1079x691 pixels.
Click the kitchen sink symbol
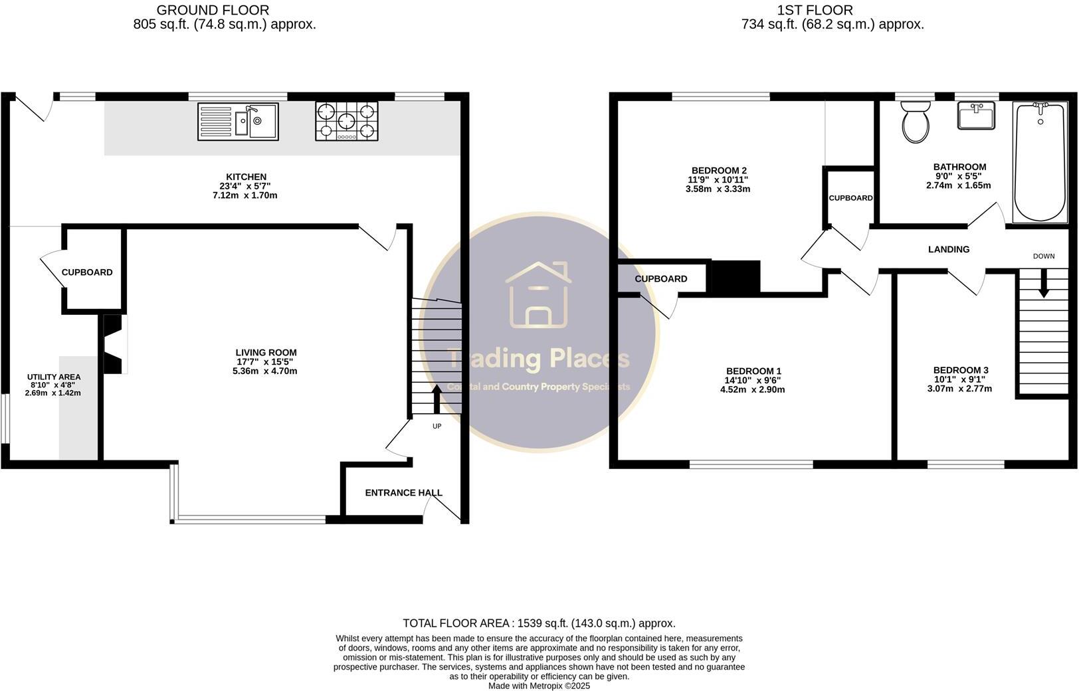click(238, 122)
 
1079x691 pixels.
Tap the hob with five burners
click(346, 121)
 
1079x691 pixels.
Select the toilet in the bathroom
click(916, 122)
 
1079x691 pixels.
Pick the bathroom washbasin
click(976, 116)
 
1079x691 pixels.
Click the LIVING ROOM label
click(266, 353)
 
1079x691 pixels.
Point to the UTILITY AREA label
click(54, 377)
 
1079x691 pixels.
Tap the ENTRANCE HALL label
click(403, 493)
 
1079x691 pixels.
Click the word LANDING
click(948, 249)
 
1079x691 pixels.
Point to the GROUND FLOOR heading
click(213, 10)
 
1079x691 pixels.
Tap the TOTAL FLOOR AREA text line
click(539, 623)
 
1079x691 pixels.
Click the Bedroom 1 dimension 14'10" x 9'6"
click(752, 380)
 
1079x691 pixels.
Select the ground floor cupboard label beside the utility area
click(87, 272)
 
